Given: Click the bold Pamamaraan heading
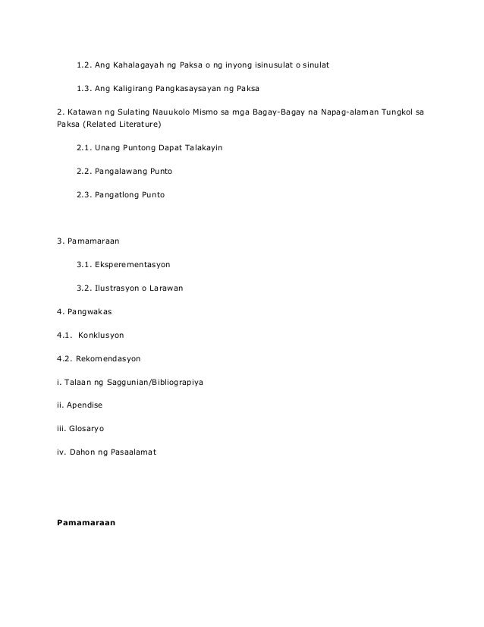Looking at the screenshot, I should click(86, 522).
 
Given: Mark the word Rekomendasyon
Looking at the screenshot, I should click(108, 358).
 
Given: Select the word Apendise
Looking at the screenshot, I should click(86, 405).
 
